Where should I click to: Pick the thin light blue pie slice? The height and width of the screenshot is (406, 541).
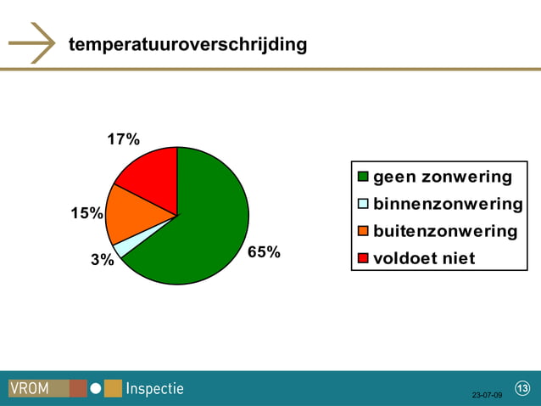tap(124, 247)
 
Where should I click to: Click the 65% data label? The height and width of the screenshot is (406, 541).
tap(264, 252)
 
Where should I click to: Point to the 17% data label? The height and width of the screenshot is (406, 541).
tap(124, 139)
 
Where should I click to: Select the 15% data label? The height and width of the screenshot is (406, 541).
tap(86, 213)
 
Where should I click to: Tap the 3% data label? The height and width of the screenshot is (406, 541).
tap(103, 260)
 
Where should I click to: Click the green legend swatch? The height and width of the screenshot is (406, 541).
tap(363, 178)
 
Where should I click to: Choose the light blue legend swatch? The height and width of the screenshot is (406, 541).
tap(363, 204)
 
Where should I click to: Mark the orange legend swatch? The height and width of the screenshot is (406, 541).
tap(363, 231)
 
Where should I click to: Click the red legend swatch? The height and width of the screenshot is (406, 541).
tap(363, 258)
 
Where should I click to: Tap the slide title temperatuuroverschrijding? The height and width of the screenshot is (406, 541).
tap(187, 43)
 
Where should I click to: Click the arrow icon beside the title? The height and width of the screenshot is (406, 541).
tap(32, 42)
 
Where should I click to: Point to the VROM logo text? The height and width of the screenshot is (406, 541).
tap(30, 389)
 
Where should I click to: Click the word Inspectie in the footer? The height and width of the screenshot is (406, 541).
tap(154, 389)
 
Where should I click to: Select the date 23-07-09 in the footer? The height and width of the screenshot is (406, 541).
tap(487, 395)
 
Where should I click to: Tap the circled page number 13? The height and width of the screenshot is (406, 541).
tap(521, 389)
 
